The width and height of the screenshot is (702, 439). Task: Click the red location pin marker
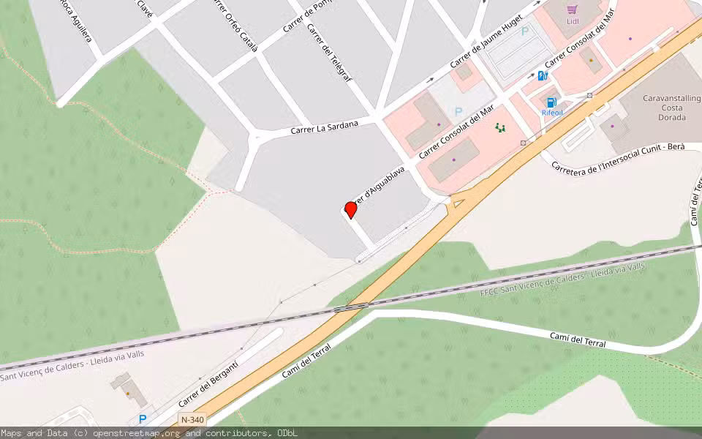(350, 209)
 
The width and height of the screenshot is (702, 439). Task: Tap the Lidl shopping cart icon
(573, 10)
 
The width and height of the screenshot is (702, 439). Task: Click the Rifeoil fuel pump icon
(551, 102)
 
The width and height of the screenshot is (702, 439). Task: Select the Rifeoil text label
(552, 113)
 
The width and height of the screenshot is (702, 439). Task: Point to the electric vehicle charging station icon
(543, 75)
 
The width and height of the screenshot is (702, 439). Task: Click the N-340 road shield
(192, 419)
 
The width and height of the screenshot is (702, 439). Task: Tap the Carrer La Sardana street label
(325, 127)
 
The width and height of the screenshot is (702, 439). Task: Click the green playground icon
(501, 128)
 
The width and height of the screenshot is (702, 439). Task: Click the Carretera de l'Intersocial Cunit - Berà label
(618, 156)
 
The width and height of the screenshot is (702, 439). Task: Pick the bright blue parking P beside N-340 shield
(143, 419)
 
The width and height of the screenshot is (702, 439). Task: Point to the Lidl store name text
(573, 22)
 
